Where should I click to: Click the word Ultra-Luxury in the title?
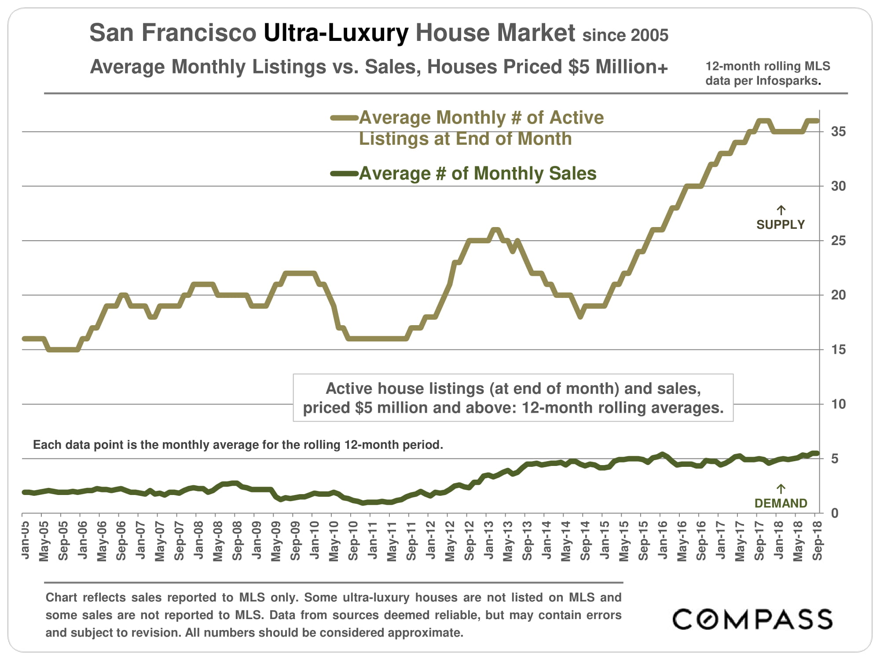(x=336, y=33)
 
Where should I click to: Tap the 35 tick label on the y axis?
(x=838, y=132)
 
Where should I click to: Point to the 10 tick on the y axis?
(x=838, y=404)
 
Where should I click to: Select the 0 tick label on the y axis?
(x=835, y=513)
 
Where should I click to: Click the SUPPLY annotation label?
(x=780, y=225)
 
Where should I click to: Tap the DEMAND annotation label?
(x=781, y=503)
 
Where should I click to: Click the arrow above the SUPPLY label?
(x=781, y=210)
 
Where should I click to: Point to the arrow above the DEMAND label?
(x=781, y=489)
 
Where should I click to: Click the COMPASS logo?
(x=752, y=620)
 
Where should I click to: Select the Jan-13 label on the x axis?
(x=489, y=540)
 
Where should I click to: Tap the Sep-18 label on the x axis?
(x=818, y=540)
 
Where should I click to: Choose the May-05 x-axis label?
(x=44, y=542)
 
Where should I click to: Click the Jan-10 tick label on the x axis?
(x=315, y=540)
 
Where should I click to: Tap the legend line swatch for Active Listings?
(x=344, y=118)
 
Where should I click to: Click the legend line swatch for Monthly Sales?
(x=344, y=174)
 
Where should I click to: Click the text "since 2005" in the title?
(x=625, y=35)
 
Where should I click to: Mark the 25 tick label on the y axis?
(x=838, y=241)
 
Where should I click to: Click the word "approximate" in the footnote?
(x=426, y=633)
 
